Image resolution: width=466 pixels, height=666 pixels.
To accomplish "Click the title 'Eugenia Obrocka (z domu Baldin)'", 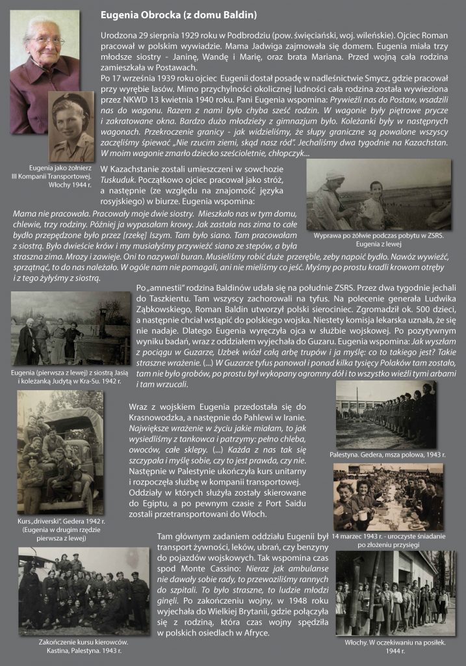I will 179,14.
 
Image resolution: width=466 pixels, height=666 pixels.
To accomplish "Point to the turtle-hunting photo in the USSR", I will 378,194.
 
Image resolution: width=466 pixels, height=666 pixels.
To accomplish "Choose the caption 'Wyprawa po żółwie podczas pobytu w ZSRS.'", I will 378,235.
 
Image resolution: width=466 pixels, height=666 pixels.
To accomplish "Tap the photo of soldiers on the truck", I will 60,451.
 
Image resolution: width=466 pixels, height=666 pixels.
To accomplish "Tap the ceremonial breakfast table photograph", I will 388,497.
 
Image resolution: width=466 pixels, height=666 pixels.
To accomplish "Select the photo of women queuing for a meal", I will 395,593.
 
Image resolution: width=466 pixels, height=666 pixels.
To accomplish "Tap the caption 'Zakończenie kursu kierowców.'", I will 79,642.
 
